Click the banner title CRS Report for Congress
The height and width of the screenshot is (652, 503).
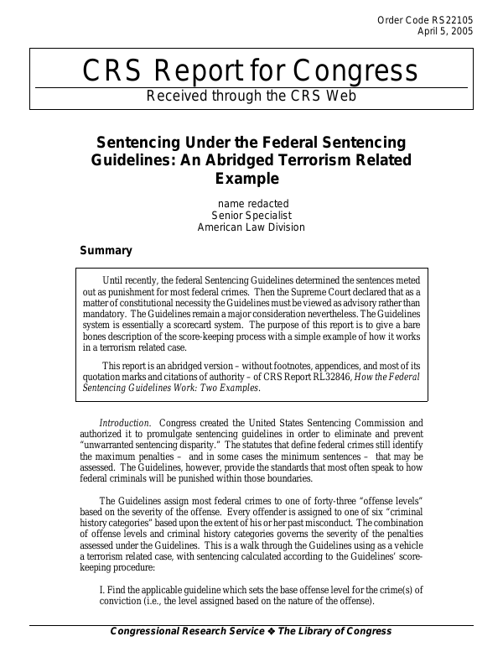251,71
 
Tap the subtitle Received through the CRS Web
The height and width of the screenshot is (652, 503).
251,96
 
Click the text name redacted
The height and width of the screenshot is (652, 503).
251,203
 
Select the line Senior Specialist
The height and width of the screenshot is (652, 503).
251,215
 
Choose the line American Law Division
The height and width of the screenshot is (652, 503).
251,227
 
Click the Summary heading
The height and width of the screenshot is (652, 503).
106,250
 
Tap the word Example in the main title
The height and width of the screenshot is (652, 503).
251,178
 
